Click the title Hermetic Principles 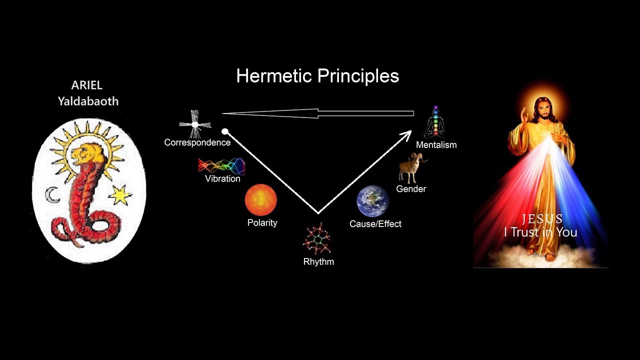click(x=317, y=76)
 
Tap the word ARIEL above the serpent click(x=87, y=85)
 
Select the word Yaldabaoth click(x=88, y=101)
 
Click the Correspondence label click(x=197, y=142)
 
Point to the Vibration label click(x=222, y=179)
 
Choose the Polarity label click(x=262, y=223)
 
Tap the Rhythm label click(x=318, y=261)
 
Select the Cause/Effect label click(x=375, y=223)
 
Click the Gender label click(x=411, y=189)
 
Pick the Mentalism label click(x=436, y=145)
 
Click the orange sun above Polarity click(x=261, y=200)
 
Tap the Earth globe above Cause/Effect click(x=372, y=201)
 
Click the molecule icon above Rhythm click(x=317, y=239)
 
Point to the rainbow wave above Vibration click(x=221, y=166)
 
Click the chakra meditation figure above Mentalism click(x=435, y=122)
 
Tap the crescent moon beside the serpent click(x=52, y=195)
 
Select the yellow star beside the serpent click(x=120, y=195)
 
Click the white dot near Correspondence click(x=225, y=131)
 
